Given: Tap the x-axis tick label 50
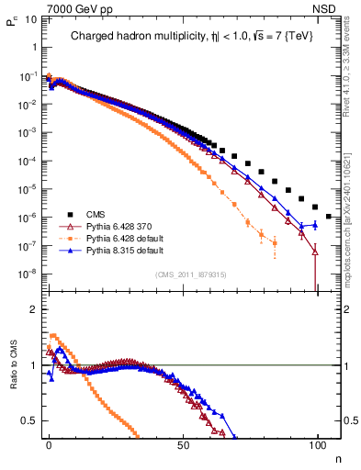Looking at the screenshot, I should [184, 444].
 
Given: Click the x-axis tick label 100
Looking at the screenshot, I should [317, 444].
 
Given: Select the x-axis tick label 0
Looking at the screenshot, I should [49, 444].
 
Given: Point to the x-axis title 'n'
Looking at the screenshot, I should [336, 457].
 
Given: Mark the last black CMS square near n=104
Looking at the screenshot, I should [329, 217].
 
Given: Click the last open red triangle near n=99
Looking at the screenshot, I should [316, 251].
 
